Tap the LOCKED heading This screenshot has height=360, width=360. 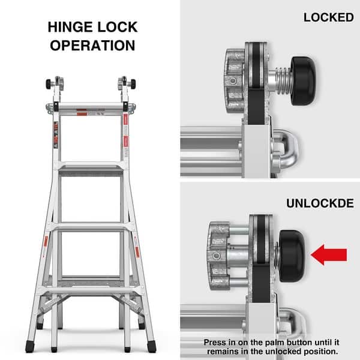coord(328,17)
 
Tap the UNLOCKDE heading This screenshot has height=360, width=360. coord(320,203)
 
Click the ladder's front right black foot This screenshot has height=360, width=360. coord(151,346)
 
